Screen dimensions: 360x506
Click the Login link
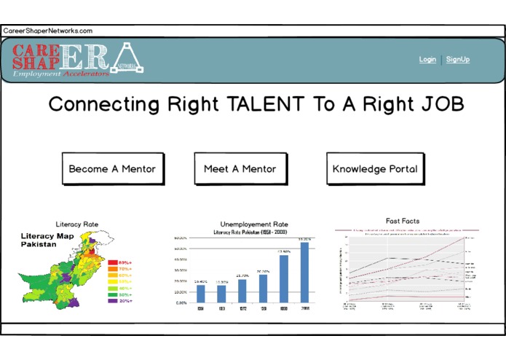(427, 60)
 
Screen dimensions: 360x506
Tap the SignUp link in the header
(458, 60)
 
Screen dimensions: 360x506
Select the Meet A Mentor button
(240, 169)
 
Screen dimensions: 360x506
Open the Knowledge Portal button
(375, 169)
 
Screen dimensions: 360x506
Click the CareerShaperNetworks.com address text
(48, 31)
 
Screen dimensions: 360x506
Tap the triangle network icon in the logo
(130, 58)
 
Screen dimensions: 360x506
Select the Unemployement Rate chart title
(254, 224)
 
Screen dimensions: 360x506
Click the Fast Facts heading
(403, 221)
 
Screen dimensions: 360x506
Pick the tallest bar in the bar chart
(304, 272)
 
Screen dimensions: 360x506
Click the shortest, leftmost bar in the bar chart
(200, 293)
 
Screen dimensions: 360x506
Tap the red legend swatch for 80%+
(113, 261)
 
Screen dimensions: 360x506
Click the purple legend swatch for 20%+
(113, 301)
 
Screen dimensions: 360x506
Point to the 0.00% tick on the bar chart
(182, 302)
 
